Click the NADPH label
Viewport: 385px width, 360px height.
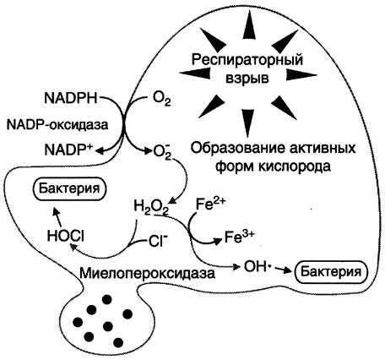point(70,98)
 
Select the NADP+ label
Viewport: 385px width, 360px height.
point(69,149)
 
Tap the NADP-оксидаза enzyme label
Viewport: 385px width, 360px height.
point(57,124)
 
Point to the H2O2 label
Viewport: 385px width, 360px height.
point(151,207)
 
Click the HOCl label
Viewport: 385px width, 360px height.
point(66,236)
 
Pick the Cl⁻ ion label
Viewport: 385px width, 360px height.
point(156,242)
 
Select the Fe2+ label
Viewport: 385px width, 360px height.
point(211,205)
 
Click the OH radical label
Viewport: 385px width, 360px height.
point(255,266)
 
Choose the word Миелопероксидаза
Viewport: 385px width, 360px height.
point(147,274)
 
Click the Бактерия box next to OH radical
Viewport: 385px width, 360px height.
point(331,272)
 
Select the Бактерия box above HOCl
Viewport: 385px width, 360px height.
point(69,188)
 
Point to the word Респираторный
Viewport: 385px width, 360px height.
point(247,61)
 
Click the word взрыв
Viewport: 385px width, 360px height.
point(247,78)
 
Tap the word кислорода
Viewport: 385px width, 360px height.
point(295,166)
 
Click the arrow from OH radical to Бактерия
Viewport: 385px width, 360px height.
point(282,270)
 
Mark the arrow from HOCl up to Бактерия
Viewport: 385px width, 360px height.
point(57,216)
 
